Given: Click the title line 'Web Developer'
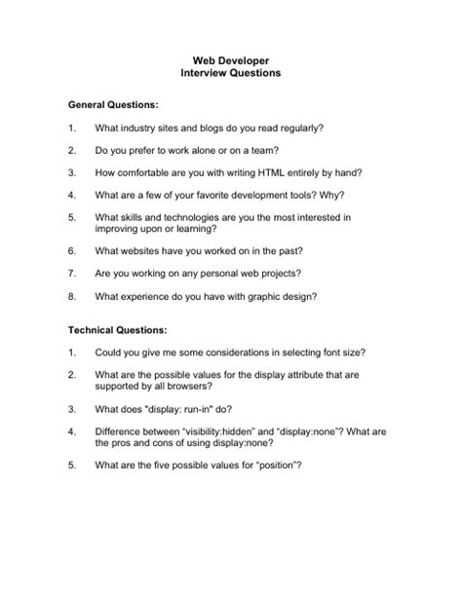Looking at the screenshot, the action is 230,60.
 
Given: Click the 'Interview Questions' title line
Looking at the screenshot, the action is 230,73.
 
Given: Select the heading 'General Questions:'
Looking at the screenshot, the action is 113,103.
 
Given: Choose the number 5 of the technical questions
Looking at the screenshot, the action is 72,465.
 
